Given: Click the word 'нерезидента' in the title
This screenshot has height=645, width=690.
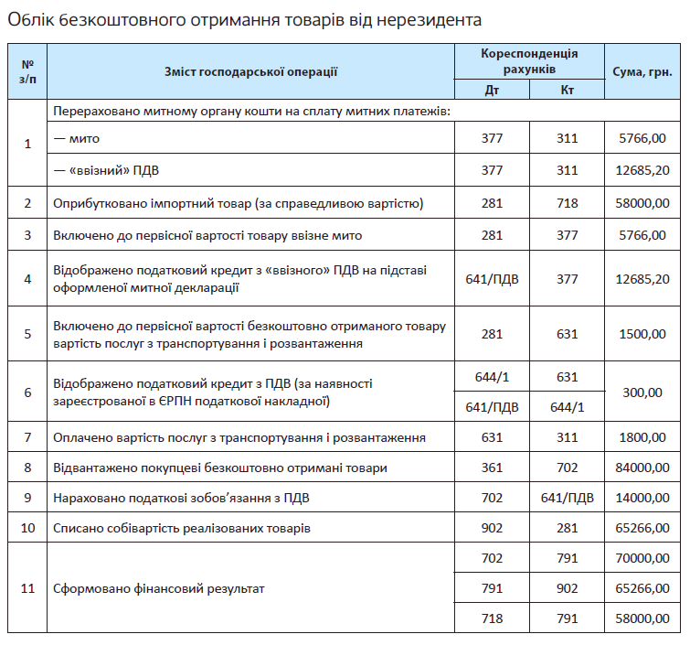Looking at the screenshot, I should pos(430,18).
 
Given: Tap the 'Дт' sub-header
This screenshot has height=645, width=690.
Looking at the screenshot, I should pos(493,90).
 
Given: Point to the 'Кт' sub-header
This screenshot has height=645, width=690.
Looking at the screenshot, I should pos(567,90).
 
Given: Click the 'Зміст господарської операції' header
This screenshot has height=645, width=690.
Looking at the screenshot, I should pos(251,71).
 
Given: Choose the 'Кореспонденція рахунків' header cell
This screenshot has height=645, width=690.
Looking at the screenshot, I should pos(529,61).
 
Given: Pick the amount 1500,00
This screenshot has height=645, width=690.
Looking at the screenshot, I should pos(643,334).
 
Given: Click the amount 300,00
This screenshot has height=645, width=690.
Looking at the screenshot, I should pos(643,392).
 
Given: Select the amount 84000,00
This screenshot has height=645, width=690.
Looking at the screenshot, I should pos(643,468).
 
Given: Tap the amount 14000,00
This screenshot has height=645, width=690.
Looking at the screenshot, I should pos(643,498).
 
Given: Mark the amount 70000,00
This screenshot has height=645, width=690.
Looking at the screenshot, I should pos(643,558).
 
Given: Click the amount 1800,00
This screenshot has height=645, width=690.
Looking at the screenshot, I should pos(643,437).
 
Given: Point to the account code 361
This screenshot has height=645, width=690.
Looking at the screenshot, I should pos(493,468).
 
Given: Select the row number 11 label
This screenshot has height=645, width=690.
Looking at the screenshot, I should pos(27,588).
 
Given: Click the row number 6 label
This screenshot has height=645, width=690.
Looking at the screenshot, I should pos(27,392).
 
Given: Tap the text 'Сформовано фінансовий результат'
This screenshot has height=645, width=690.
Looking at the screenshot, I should pos(159,588).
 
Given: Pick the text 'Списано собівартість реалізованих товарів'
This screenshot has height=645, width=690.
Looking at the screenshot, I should pos(182,528).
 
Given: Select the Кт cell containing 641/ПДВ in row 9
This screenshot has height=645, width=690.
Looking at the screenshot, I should pos(567,498).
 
